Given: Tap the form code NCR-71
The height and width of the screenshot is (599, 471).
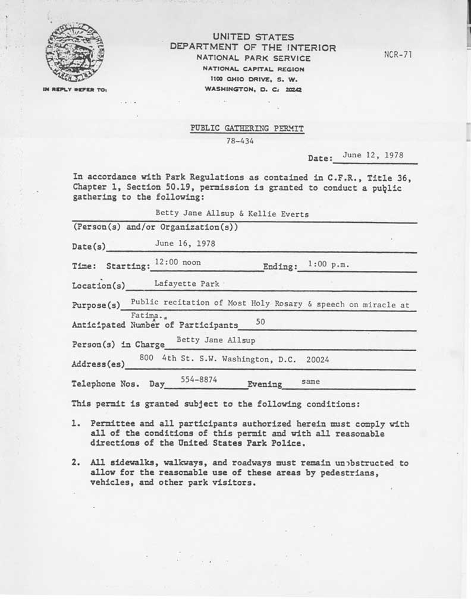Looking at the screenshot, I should (x=398, y=55).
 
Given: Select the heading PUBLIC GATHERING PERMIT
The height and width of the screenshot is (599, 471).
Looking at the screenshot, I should (x=247, y=128).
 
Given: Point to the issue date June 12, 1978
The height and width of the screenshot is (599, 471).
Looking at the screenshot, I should (x=373, y=155).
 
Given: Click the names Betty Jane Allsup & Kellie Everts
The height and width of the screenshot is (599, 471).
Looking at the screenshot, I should (x=232, y=215).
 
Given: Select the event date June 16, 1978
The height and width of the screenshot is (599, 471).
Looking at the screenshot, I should (x=185, y=243).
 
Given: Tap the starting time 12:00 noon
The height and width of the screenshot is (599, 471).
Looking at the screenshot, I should (x=177, y=262).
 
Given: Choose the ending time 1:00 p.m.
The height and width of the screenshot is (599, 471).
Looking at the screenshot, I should (x=328, y=263).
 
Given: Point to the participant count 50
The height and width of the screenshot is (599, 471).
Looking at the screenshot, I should (x=260, y=321).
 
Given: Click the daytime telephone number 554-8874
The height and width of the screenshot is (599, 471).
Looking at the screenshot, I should (x=199, y=379).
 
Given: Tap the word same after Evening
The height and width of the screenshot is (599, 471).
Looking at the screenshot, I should (x=310, y=381).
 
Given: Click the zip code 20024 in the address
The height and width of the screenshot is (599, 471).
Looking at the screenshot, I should (x=318, y=360).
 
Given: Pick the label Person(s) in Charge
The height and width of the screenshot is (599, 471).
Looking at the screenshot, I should (x=118, y=345).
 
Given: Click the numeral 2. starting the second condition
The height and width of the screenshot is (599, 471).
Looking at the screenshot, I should (x=76, y=463).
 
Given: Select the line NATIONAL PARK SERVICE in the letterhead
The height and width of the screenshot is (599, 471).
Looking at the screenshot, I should (x=254, y=58).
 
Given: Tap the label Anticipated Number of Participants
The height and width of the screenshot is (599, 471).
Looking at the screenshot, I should (x=155, y=325).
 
